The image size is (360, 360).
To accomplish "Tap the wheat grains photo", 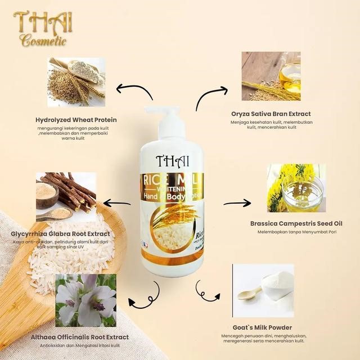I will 76,82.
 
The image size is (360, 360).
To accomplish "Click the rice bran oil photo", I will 271,76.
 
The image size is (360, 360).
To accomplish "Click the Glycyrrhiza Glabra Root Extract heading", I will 60,234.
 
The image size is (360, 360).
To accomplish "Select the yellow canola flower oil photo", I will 296,188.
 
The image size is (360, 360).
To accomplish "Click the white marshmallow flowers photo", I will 85,300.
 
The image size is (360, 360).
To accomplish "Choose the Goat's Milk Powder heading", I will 262,327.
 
